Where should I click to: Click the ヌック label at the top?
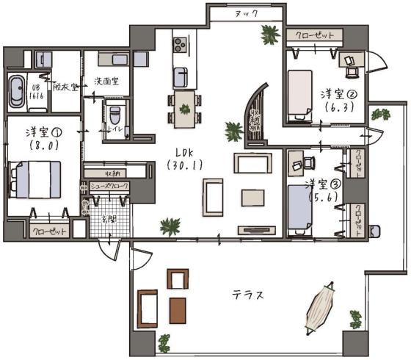pos(244,14)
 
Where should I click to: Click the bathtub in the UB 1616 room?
pos(16,91)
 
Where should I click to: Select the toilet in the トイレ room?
pos(114,115)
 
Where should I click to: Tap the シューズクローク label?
pos(107,186)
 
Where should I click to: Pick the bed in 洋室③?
pos(301,209)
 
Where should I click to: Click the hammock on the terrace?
pos(321,308)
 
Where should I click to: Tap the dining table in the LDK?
pos(183,104)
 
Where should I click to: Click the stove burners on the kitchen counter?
pos(181,47)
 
